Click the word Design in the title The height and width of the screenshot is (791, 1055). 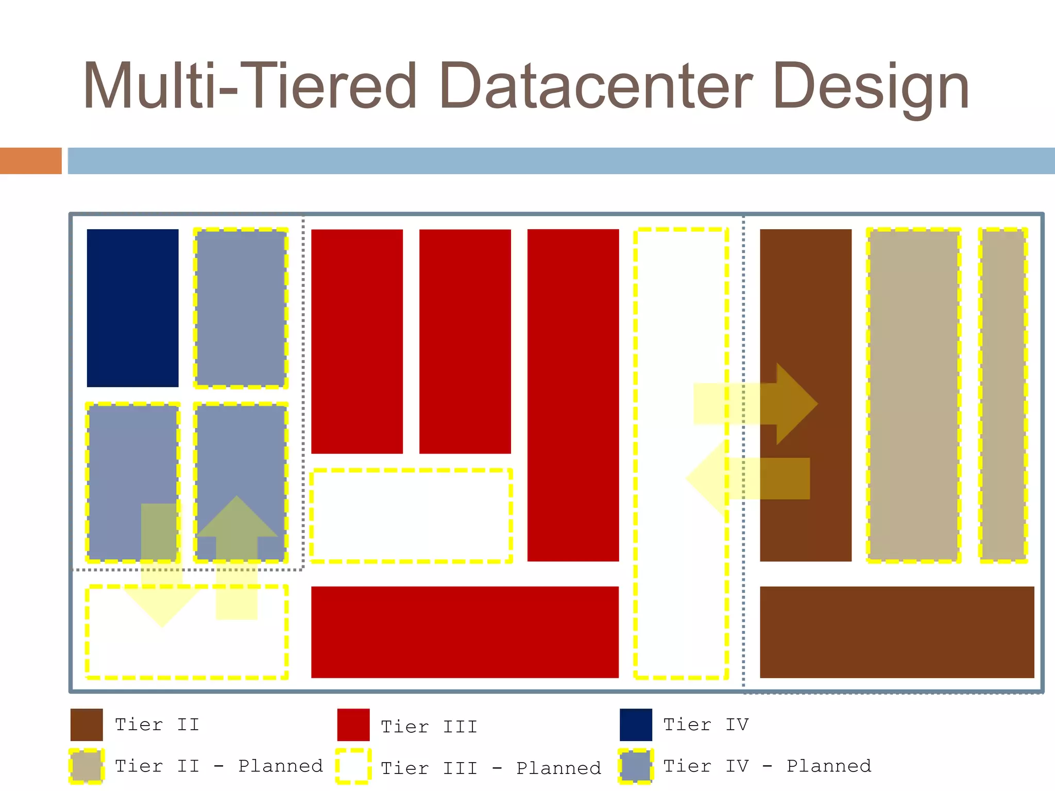click(x=871, y=87)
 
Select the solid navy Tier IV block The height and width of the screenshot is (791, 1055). click(x=132, y=307)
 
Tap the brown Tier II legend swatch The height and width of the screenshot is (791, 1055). click(x=87, y=725)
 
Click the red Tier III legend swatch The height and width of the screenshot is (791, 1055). click(x=353, y=725)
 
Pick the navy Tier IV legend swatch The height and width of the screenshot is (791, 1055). click(x=636, y=725)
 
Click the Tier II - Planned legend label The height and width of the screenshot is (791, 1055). click(x=218, y=766)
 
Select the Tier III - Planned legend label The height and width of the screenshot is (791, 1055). click(x=490, y=768)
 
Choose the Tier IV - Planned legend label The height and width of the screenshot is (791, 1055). click(x=767, y=766)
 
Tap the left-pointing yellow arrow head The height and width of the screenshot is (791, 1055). click(x=706, y=478)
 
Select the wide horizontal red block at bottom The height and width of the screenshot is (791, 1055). click(x=465, y=632)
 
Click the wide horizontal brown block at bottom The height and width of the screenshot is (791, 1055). click(x=897, y=632)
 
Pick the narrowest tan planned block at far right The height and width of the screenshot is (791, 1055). click(x=1003, y=395)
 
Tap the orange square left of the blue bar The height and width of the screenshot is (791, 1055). click(x=30, y=161)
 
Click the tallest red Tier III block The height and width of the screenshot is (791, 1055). click(x=573, y=395)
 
